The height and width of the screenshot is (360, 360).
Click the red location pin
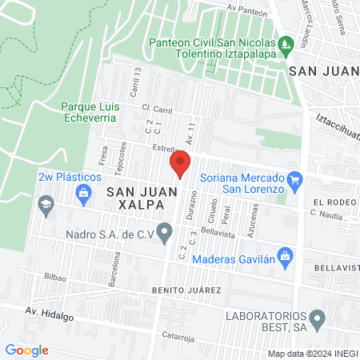(180, 163)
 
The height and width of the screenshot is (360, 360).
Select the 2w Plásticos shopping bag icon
(82, 192)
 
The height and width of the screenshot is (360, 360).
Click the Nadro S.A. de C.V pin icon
(166, 234)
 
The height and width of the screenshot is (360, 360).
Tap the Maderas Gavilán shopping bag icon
(289, 258)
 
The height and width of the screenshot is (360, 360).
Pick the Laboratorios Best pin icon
(318, 321)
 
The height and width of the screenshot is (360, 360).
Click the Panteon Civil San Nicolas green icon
(286, 42)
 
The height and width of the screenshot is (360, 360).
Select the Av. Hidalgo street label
(49, 314)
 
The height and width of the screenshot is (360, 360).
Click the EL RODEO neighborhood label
(334, 202)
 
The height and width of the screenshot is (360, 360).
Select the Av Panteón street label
(246, 8)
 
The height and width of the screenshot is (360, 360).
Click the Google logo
(26, 350)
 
